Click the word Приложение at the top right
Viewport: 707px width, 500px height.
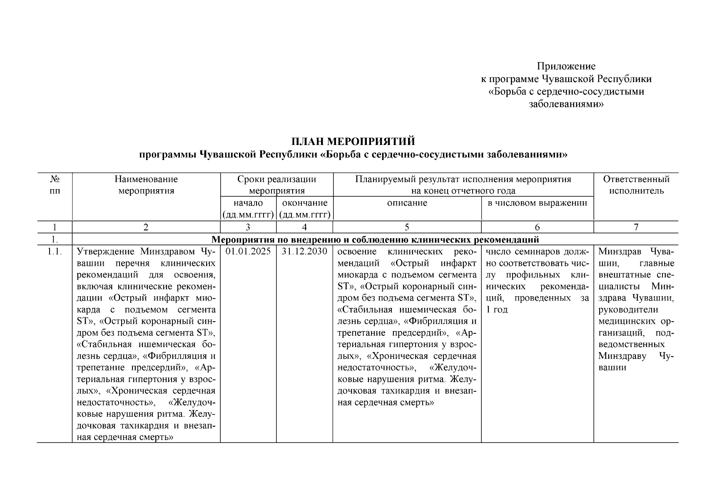pyautogui.click(x=566, y=66)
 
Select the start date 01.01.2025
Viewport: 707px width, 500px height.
pyautogui.click(x=248, y=252)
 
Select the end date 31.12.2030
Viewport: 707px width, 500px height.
pyautogui.click(x=304, y=252)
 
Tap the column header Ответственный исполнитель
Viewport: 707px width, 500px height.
pyautogui.click(x=636, y=185)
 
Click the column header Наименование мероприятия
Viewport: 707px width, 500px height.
pyautogui.click(x=146, y=185)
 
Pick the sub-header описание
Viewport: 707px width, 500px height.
pyautogui.click(x=407, y=203)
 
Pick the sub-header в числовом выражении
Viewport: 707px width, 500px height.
pyautogui.click(x=537, y=203)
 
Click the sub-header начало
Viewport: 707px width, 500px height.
pyautogui.click(x=248, y=203)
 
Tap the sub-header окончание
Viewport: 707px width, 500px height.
pyautogui.click(x=305, y=203)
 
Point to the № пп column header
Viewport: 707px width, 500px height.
pyautogui.click(x=55, y=185)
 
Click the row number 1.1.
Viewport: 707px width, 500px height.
pyautogui.click(x=55, y=252)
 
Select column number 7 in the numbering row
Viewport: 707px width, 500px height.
pyautogui.click(x=636, y=227)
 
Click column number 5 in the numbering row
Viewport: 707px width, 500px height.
pyautogui.click(x=407, y=227)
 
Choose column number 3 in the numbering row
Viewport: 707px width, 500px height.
pyautogui.click(x=248, y=227)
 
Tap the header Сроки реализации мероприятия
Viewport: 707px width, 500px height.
pyautogui.click(x=276, y=185)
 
